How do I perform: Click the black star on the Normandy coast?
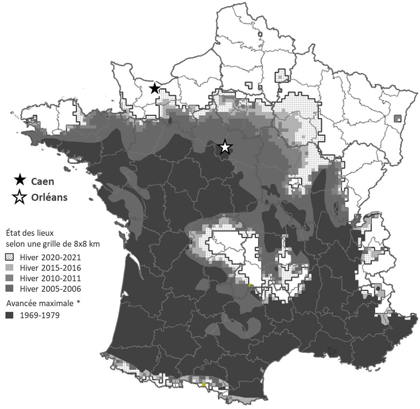[x=154, y=89]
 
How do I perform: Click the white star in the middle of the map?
[x=225, y=148]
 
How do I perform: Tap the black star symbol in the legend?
[x=19, y=181]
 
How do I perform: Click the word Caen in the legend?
[x=42, y=182]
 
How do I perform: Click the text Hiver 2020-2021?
[x=50, y=258]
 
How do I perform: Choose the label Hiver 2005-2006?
[x=50, y=289]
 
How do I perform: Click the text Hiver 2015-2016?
[x=50, y=268]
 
